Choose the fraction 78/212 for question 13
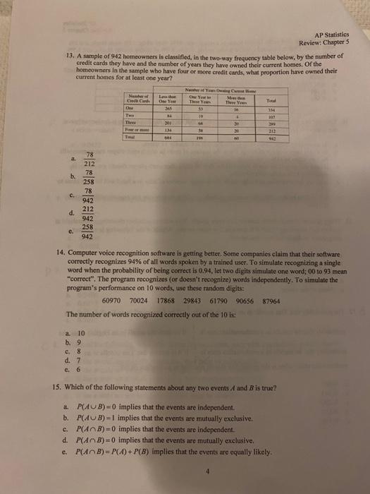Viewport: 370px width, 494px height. click(89, 158)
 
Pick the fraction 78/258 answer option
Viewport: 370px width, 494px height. click(89, 176)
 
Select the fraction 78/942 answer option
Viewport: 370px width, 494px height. click(89, 194)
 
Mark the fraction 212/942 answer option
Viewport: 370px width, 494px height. click(89, 213)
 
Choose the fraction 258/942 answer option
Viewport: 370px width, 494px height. click(89, 231)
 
